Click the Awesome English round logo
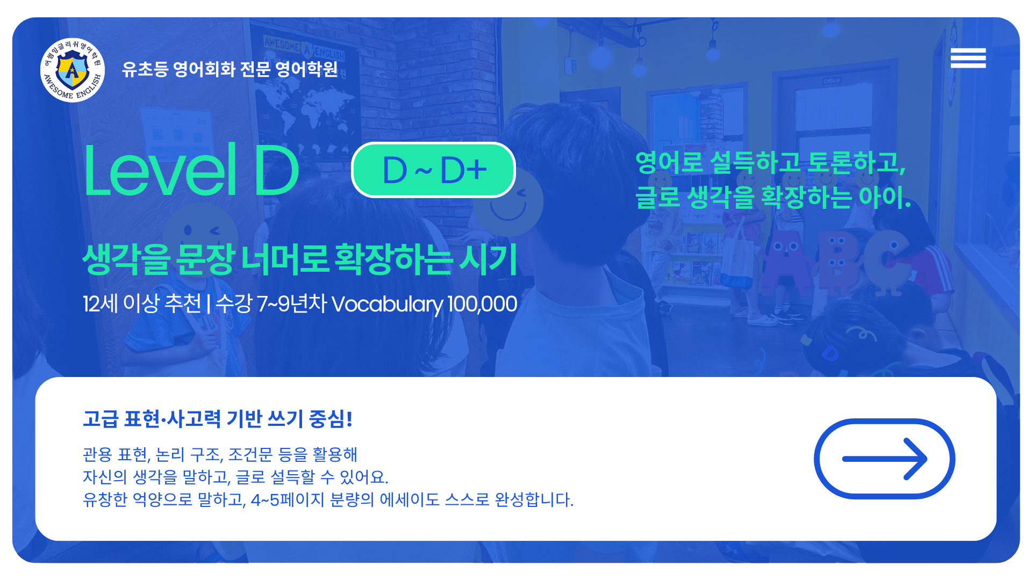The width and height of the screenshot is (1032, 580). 73,70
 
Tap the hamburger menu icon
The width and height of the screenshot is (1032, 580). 968,58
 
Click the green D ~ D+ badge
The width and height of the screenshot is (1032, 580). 433,170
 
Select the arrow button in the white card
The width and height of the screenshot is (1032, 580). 884,459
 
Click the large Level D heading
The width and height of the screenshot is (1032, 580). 191,170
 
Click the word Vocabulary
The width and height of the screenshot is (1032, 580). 387,305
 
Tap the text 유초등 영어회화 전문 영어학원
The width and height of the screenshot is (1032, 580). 230,69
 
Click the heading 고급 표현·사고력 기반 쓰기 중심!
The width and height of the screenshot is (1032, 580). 218,419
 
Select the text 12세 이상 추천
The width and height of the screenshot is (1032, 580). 142,303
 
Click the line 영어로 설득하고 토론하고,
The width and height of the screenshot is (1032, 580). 771,162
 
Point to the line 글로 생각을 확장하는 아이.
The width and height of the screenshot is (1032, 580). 773,197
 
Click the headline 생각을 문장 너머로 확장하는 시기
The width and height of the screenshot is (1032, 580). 299,259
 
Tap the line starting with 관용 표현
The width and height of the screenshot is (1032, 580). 220,455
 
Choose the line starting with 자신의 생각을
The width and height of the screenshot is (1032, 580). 235,477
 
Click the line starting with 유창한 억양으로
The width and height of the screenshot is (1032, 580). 328,500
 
